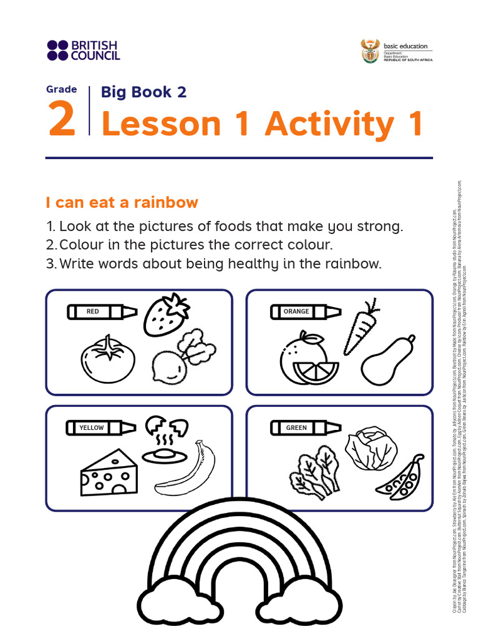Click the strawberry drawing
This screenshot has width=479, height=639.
(166, 315)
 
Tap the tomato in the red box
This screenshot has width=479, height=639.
(107, 360)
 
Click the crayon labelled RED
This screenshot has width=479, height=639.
(102, 311)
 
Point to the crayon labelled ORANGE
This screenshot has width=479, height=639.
(305, 311)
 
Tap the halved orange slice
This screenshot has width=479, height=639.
(319, 372)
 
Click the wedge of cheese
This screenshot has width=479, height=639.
(109, 473)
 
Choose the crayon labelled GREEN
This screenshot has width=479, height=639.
(305, 427)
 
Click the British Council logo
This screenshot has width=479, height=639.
(82, 50)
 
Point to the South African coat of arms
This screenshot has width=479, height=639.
(370, 51)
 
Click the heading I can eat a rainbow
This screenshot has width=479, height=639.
(122, 202)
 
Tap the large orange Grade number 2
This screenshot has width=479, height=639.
(62, 121)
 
